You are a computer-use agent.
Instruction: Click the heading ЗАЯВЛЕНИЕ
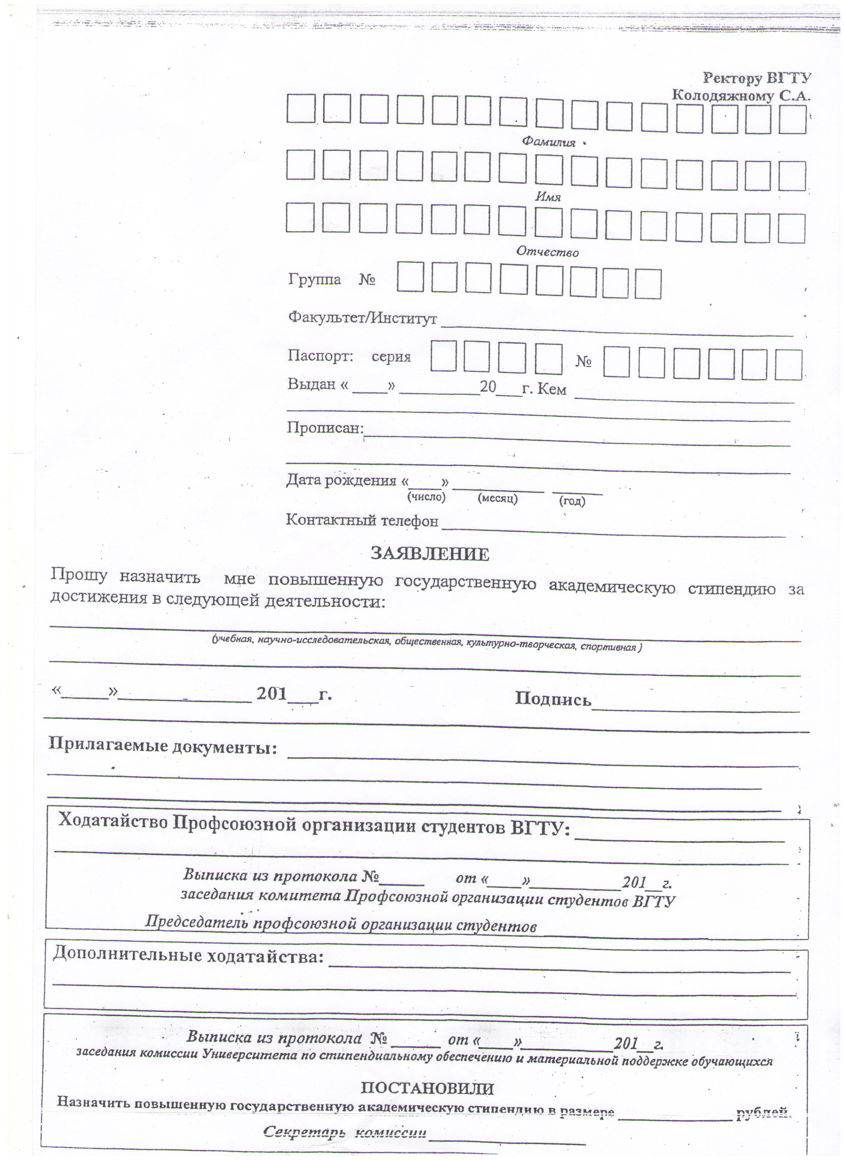coord(430,554)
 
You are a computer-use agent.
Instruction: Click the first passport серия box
coord(443,357)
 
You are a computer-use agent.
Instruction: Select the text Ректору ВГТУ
coord(757,78)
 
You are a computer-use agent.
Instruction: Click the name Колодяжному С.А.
coord(741,95)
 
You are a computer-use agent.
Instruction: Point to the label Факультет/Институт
coord(363,318)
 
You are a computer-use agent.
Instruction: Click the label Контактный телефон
coord(362,520)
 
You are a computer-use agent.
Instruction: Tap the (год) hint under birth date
coord(572,501)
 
